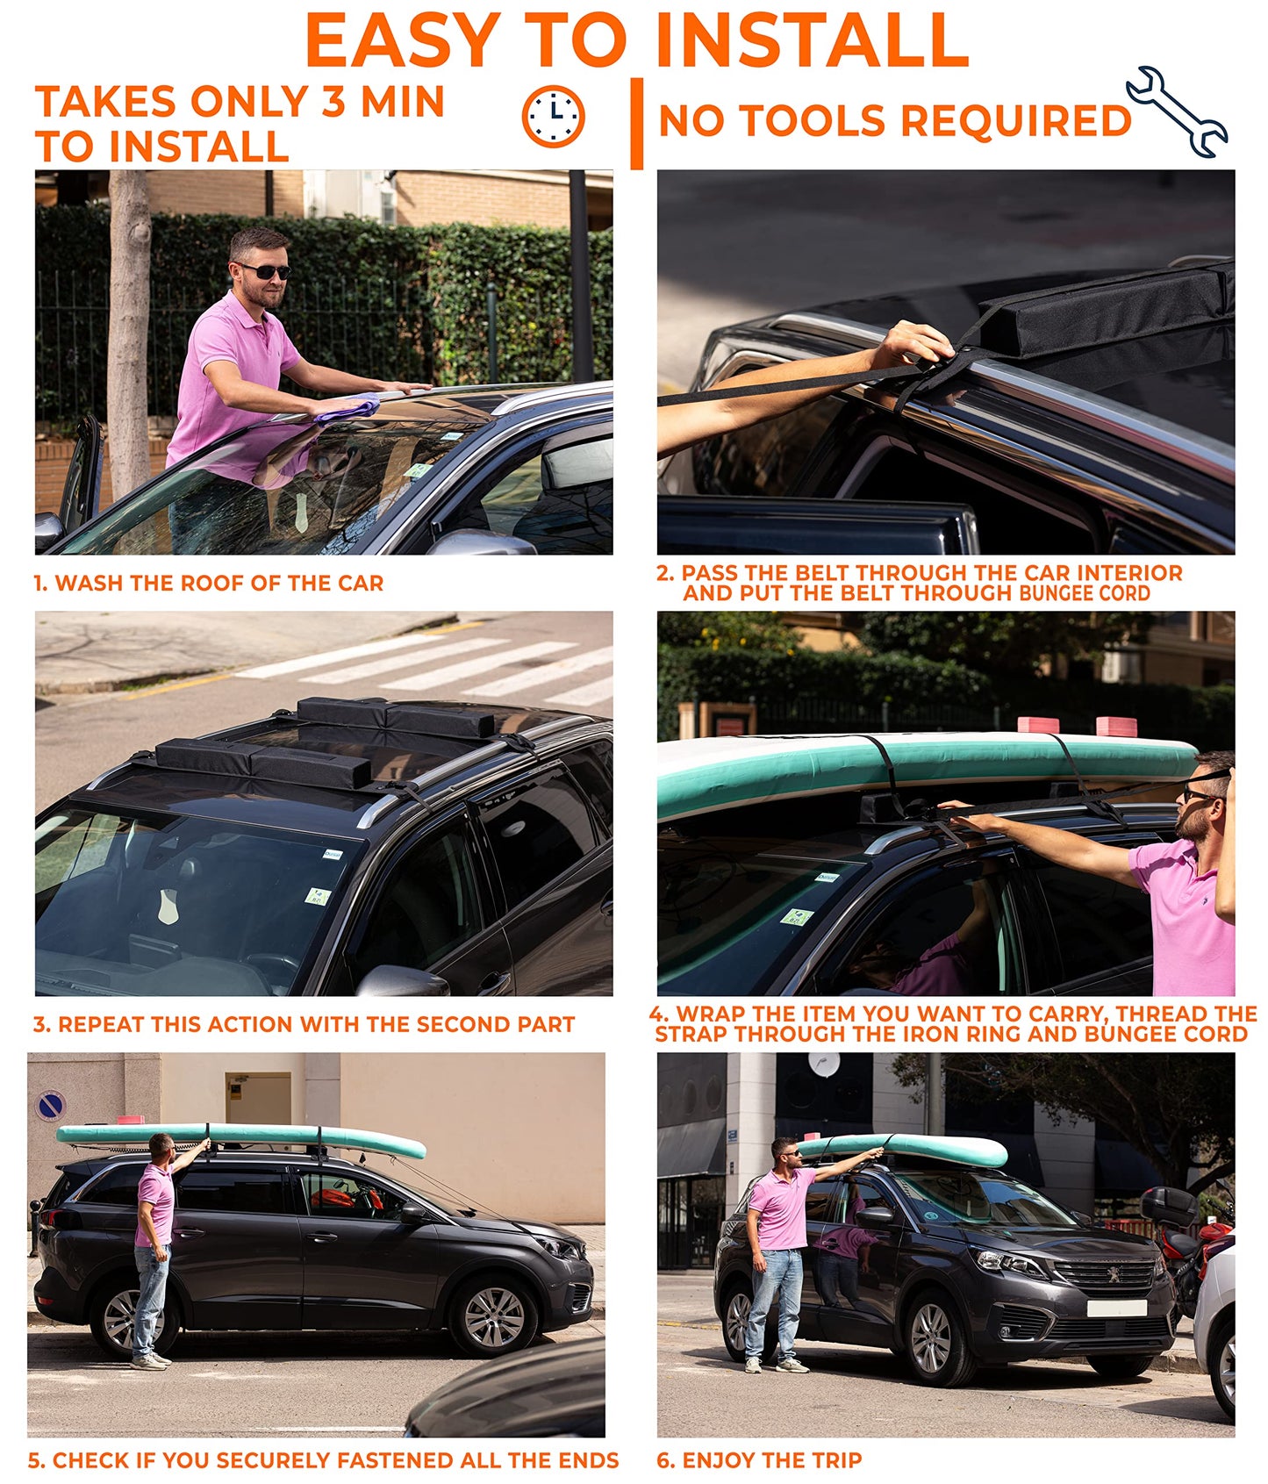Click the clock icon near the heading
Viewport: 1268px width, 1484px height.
553,117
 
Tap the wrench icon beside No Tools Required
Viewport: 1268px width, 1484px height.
1176,111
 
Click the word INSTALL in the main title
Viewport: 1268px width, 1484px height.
812,40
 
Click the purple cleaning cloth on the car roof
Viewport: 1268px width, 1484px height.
348,408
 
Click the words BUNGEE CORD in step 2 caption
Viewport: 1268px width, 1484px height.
1085,593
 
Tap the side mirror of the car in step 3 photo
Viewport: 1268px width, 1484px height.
400,981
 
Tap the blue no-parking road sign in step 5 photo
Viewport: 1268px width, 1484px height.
51,1105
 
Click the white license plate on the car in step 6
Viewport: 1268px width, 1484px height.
1116,1308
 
